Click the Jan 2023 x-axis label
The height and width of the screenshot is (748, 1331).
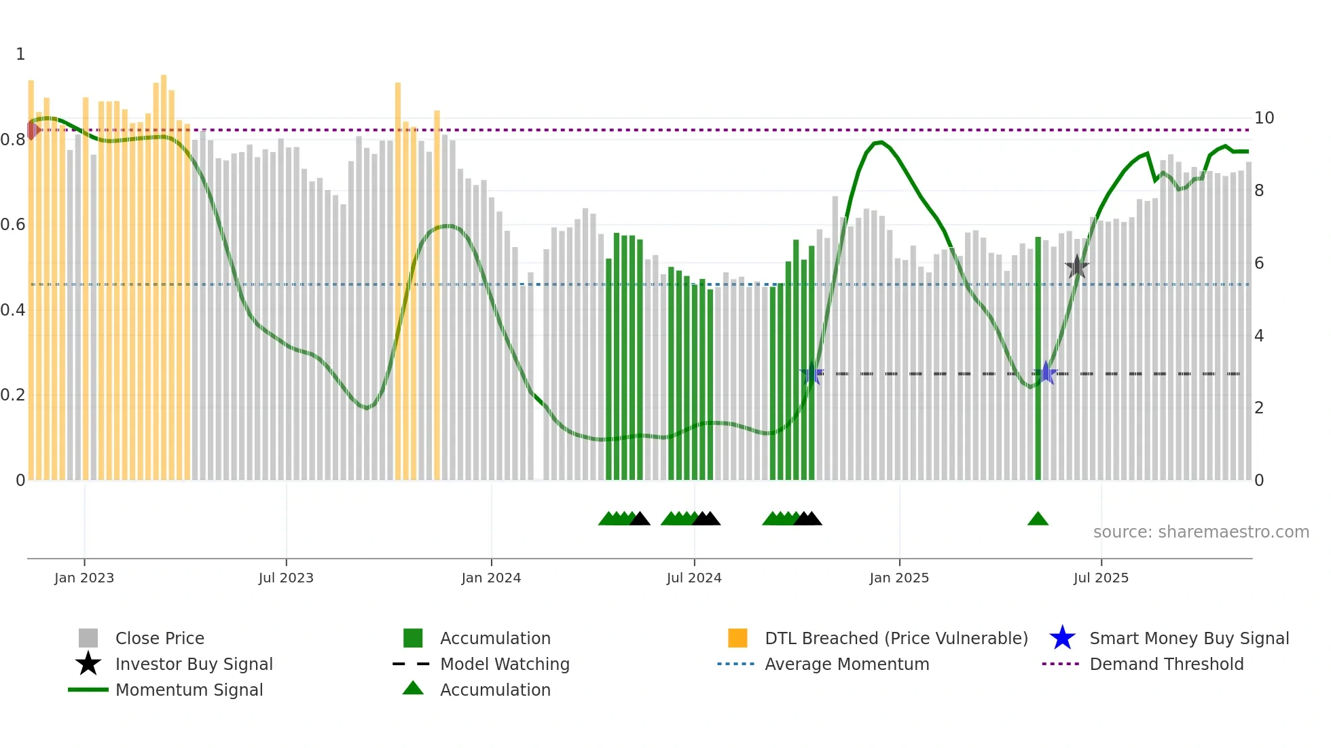point(84,578)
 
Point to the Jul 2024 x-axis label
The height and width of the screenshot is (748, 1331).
point(694,578)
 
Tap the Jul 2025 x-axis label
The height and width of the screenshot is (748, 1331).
point(1101,578)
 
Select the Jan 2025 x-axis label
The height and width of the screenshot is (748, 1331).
point(899,578)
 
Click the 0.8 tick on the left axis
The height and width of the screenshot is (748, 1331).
point(13,140)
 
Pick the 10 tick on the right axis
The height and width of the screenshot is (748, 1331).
point(1264,118)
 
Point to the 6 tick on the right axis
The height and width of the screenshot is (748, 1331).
point(1259,263)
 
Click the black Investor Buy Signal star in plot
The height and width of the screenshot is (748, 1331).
point(1076,267)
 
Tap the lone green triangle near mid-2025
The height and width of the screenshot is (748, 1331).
point(1038,519)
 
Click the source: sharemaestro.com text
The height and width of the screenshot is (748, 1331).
point(1201,532)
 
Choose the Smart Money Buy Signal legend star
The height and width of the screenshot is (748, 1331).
point(1062,638)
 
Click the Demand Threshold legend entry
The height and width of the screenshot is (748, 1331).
point(1166,664)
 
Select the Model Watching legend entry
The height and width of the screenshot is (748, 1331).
point(505,664)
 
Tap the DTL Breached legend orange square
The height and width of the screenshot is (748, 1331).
point(737,638)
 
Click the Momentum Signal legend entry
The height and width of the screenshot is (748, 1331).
point(189,690)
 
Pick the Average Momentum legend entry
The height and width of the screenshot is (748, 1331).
point(847,664)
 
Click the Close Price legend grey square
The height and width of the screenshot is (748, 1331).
point(88,638)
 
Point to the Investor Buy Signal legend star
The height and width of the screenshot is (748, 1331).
point(88,664)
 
